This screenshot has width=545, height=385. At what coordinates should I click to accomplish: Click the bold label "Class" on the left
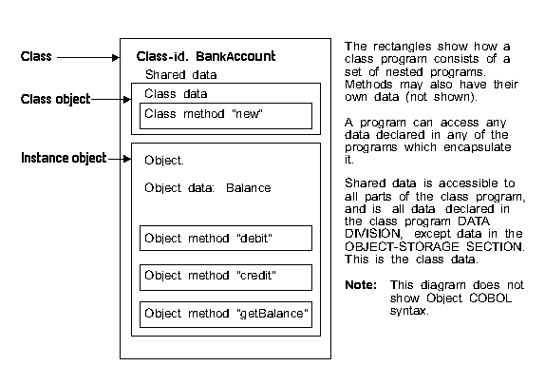tap(36, 56)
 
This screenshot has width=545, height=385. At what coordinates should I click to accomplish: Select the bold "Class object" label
tap(56, 99)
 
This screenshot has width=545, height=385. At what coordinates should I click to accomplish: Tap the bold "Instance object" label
tap(64, 158)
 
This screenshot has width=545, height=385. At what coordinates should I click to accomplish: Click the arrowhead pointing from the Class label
tap(116, 57)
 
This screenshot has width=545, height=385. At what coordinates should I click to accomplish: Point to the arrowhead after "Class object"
tap(127, 100)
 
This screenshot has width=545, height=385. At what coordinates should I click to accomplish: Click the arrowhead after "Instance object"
tap(127, 159)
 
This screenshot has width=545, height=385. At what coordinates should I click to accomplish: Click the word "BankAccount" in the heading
tap(235, 56)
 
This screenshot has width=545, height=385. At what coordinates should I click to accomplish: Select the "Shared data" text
tap(180, 75)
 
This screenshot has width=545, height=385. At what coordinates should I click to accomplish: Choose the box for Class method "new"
tap(226, 116)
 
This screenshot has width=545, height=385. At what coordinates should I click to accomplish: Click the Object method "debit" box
tap(226, 238)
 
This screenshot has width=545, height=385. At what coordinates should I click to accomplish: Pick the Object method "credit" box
tap(226, 278)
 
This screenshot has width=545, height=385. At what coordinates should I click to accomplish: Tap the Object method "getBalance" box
tap(226, 315)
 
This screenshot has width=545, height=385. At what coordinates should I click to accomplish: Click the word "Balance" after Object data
tap(248, 188)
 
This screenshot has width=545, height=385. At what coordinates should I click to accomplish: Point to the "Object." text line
tap(164, 161)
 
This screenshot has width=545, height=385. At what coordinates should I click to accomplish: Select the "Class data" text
tap(176, 94)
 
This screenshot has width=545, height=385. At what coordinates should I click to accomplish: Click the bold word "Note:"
tap(361, 285)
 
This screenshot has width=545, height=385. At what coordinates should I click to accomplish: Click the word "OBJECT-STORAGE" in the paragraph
tap(402, 247)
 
